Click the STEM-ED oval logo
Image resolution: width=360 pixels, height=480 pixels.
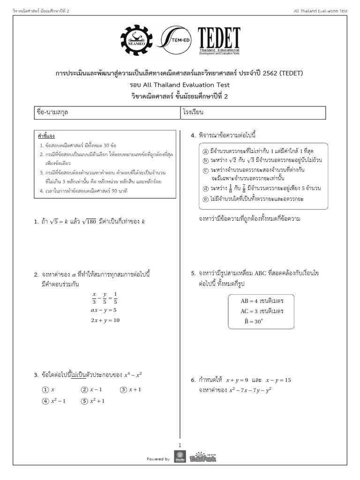(x=176, y=42)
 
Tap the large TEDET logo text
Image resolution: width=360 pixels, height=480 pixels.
(x=218, y=37)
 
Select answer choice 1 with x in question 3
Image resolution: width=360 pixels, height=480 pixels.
(x=49, y=389)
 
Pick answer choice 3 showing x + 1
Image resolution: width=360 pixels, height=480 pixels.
(x=131, y=389)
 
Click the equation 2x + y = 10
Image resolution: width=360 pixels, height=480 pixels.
(x=105, y=320)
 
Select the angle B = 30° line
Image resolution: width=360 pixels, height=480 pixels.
(x=254, y=322)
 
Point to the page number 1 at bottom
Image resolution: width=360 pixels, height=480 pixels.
(x=180, y=445)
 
